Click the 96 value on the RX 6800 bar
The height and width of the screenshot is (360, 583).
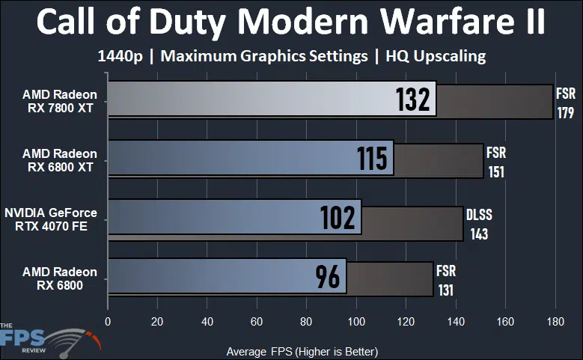coord(327,276)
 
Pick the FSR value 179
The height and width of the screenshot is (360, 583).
coord(565,114)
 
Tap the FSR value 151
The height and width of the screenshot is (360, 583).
coord(496,172)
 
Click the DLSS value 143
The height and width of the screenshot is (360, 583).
coord(479,234)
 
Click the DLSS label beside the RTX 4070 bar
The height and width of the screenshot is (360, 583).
coord(480,215)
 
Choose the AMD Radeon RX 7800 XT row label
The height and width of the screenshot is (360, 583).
coord(60,101)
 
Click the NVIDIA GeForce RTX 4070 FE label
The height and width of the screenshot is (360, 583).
coord(51,219)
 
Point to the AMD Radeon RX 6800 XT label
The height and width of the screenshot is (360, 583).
coord(60,160)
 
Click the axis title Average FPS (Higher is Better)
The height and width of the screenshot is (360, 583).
coord(302,350)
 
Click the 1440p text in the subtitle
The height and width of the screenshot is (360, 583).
coord(122,56)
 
